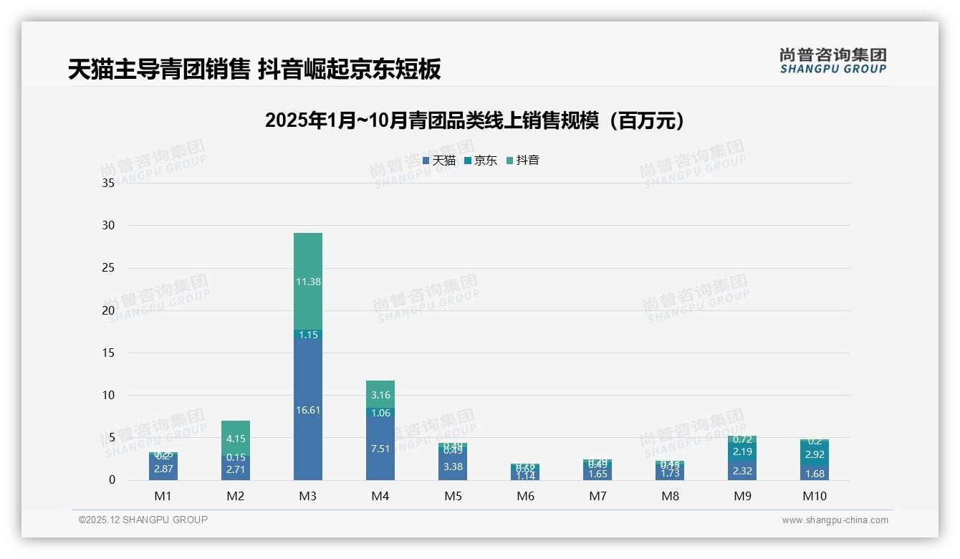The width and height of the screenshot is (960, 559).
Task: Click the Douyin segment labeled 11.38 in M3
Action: (x=308, y=282)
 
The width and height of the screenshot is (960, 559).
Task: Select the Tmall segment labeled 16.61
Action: (x=308, y=409)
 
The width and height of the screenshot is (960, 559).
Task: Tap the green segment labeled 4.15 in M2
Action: (x=236, y=438)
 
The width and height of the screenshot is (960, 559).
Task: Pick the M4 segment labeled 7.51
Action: (x=380, y=449)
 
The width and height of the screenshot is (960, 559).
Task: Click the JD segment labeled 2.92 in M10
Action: (x=815, y=454)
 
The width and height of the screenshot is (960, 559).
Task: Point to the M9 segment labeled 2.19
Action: (x=743, y=451)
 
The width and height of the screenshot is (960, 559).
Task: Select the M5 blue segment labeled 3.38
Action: (x=453, y=466)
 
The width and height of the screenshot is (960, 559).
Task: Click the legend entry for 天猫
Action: (x=439, y=161)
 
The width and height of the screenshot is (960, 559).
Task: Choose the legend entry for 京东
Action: (x=481, y=161)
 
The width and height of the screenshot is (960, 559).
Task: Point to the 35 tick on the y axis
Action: (x=108, y=183)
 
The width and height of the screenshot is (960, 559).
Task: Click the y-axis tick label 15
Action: (x=108, y=353)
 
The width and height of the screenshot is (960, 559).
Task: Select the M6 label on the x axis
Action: (x=525, y=496)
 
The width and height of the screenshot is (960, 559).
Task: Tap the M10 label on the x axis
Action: (x=815, y=496)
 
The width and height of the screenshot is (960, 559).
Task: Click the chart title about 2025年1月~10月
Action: (x=474, y=120)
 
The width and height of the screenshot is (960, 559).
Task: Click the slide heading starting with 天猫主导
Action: (x=254, y=69)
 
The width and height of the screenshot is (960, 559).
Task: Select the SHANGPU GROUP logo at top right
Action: (x=833, y=61)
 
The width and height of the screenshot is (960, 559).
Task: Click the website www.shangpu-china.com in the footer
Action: (x=835, y=520)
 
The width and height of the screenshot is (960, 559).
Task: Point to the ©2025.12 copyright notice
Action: (x=143, y=520)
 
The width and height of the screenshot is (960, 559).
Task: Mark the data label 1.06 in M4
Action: (x=380, y=413)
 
